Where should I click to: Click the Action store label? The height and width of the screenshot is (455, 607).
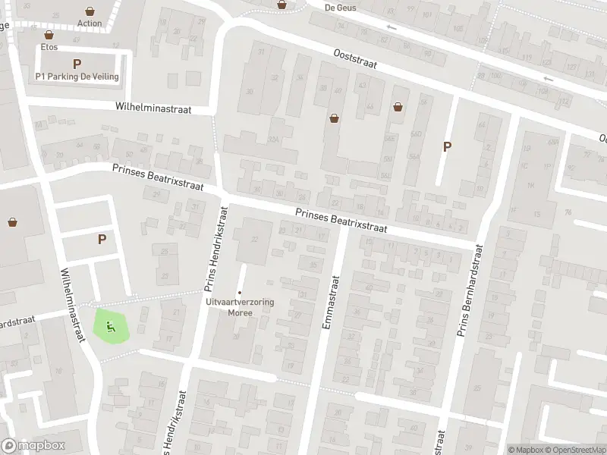point(90,23)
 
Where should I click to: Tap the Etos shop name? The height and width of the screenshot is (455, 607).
point(49,46)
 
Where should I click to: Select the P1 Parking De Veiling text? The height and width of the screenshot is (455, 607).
point(77,77)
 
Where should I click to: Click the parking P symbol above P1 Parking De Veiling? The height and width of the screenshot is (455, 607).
point(77,64)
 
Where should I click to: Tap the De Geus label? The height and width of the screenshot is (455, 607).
point(339,7)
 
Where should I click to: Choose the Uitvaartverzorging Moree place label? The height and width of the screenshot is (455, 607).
point(240,306)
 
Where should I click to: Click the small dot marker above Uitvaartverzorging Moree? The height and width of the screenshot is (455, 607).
point(240,293)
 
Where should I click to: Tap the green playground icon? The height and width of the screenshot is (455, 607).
point(111,327)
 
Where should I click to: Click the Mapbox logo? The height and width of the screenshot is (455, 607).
point(33,446)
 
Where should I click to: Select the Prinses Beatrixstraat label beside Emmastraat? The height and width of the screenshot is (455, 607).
point(341,221)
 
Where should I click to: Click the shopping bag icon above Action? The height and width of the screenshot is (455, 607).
point(90,11)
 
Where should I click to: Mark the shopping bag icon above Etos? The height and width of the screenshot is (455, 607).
point(49,35)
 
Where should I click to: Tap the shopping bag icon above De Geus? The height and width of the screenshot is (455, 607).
point(282,4)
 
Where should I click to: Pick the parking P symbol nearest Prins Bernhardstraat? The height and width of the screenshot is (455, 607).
point(447,147)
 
